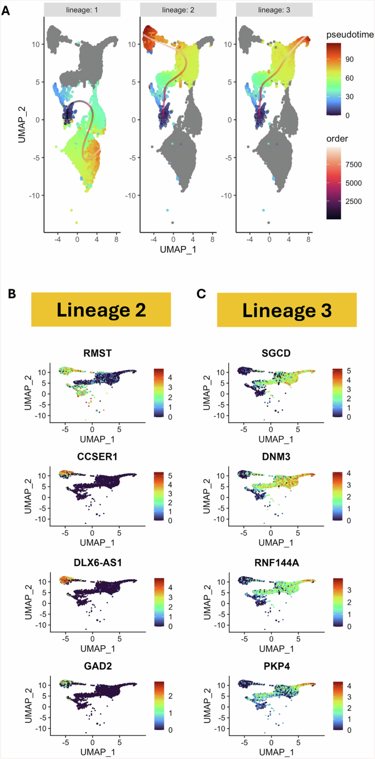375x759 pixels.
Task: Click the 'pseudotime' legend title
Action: coord(350,35)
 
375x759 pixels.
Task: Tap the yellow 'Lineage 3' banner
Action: coord(286,310)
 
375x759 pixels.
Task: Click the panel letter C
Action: coord(201,294)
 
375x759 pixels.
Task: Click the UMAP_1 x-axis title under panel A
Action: coord(174,249)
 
